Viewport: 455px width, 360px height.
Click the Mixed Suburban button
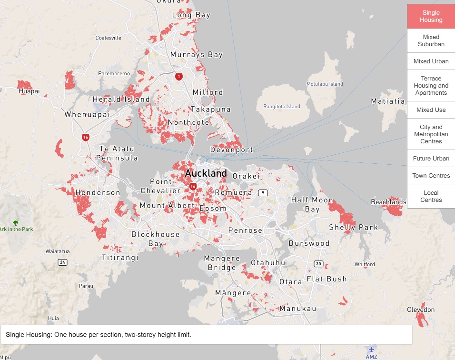coord(431,40)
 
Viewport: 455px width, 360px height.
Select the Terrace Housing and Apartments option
coord(431,86)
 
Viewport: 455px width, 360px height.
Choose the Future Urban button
coord(431,159)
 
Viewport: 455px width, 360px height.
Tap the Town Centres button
coord(431,176)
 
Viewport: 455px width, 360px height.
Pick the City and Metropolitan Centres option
coord(431,134)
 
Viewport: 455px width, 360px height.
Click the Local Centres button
coord(431,196)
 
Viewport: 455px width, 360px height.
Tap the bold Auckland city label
coord(206,173)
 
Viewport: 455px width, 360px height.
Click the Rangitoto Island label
coord(282,106)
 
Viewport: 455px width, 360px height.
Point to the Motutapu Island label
coord(325,84)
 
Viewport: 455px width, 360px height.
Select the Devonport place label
coord(232,150)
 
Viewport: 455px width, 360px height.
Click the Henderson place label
coord(98,192)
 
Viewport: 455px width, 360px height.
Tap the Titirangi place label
coord(120,258)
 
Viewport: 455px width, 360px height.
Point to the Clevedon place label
coord(421,310)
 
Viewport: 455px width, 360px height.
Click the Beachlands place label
coord(388,202)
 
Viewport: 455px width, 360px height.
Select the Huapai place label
coord(29,91)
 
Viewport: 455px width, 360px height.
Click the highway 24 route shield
coord(62,262)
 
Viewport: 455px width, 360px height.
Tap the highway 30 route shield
coord(318,264)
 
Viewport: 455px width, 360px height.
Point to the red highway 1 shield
coord(178,76)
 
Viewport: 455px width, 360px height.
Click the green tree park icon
coord(16,222)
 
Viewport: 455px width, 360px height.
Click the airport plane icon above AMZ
coord(371,349)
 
